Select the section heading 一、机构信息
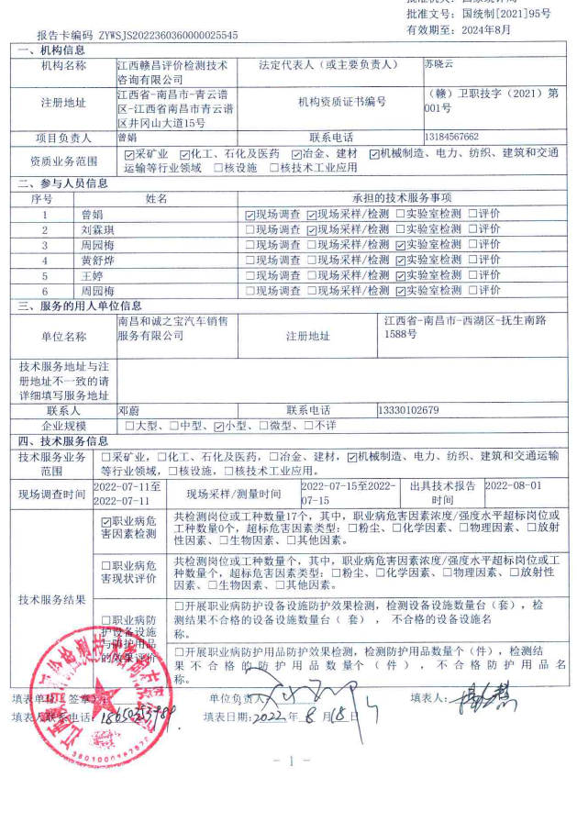click(x=52, y=50)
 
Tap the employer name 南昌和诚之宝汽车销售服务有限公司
click(x=172, y=328)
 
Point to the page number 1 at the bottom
click(x=291, y=761)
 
